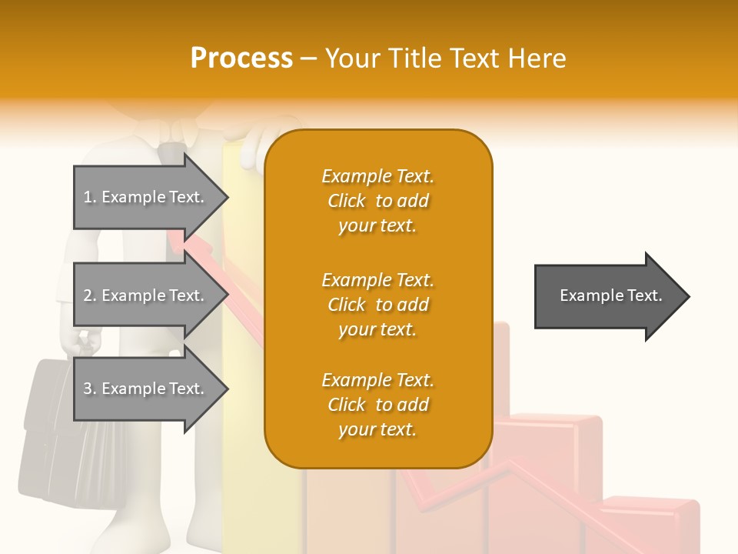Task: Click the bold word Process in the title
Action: click(241, 58)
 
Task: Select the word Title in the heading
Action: click(415, 58)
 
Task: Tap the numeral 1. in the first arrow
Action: click(90, 197)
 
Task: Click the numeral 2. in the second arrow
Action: click(90, 295)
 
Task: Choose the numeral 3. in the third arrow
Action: click(90, 389)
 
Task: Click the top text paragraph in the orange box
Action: click(377, 201)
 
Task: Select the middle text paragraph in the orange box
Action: click(377, 305)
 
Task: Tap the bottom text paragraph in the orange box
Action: click(377, 405)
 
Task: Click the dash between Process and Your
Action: click(309, 59)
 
